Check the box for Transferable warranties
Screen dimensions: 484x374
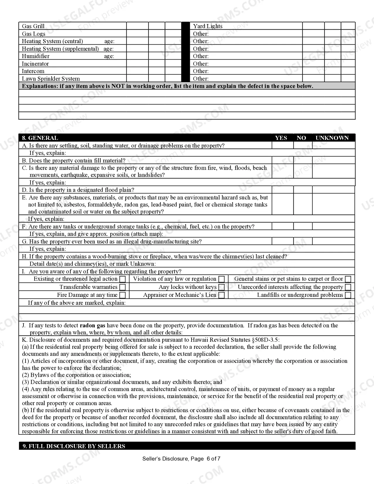pos(123,287)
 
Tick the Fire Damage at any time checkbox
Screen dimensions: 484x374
pos(123,295)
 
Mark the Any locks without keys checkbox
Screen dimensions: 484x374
pos(222,287)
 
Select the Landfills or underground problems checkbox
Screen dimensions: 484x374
pos(348,295)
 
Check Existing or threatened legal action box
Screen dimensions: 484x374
pos(123,279)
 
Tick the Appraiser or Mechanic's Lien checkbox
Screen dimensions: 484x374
pos(222,295)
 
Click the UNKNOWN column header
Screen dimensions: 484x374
pos(332,138)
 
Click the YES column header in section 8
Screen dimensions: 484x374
pos(281,138)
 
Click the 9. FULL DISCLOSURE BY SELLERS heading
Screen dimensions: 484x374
pos(74,446)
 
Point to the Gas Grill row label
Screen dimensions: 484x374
pos(33,26)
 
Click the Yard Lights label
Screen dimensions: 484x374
pos(208,26)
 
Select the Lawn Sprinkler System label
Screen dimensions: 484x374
pos(51,79)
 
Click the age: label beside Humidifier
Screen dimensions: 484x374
pos(109,56)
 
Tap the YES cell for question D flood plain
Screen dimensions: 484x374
pos(282,190)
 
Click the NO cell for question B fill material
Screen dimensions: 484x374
pos(303,160)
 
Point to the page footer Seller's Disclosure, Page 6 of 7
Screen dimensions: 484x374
pos(181,458)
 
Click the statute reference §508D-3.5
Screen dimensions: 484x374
pos(265,340)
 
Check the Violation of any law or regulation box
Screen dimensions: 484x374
pos(222,279)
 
